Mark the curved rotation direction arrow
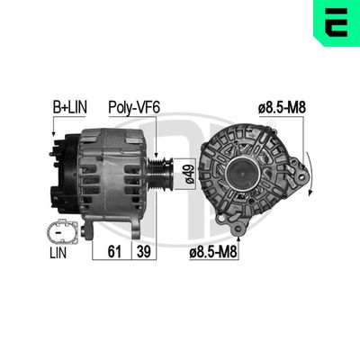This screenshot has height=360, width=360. [308, 171]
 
